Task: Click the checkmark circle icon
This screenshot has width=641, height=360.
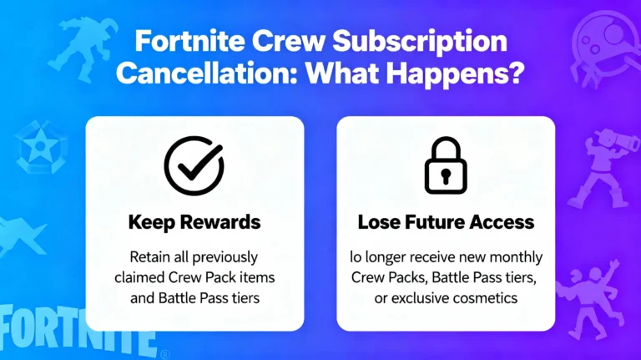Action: [194, 165]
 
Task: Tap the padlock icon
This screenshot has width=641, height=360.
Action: [446, 165]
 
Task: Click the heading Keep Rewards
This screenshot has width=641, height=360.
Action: [194, 223]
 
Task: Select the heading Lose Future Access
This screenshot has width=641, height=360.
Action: [446, 223]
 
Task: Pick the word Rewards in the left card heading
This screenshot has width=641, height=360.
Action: [221, 223]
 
